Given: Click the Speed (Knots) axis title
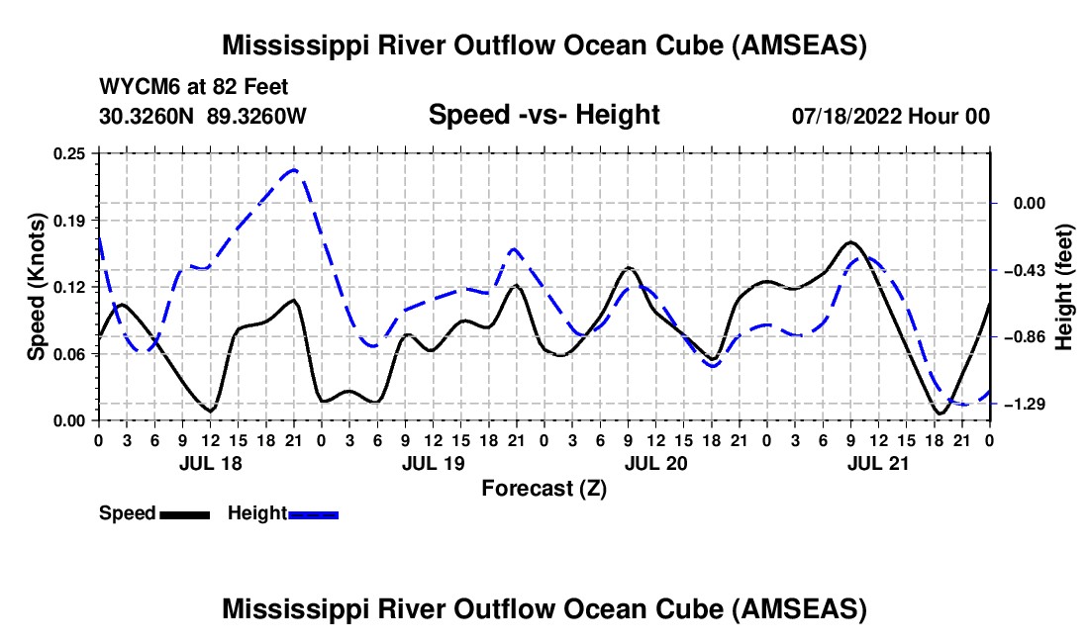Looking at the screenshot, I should click(36, 287).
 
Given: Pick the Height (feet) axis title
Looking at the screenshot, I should click(1065, 287).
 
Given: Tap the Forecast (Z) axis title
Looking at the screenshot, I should click(544, 488).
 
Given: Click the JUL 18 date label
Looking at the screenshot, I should click(210, 463).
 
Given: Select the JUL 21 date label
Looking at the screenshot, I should click(879, 463).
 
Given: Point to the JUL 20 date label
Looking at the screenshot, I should click(655, 463).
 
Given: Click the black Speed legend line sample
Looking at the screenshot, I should click(184, 514).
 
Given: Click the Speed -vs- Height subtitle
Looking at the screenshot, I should click(544, 115).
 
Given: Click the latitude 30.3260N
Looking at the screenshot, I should click(148, 116).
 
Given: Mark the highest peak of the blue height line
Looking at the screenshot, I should click(293, 170).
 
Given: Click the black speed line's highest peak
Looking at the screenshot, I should click(850, 241).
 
